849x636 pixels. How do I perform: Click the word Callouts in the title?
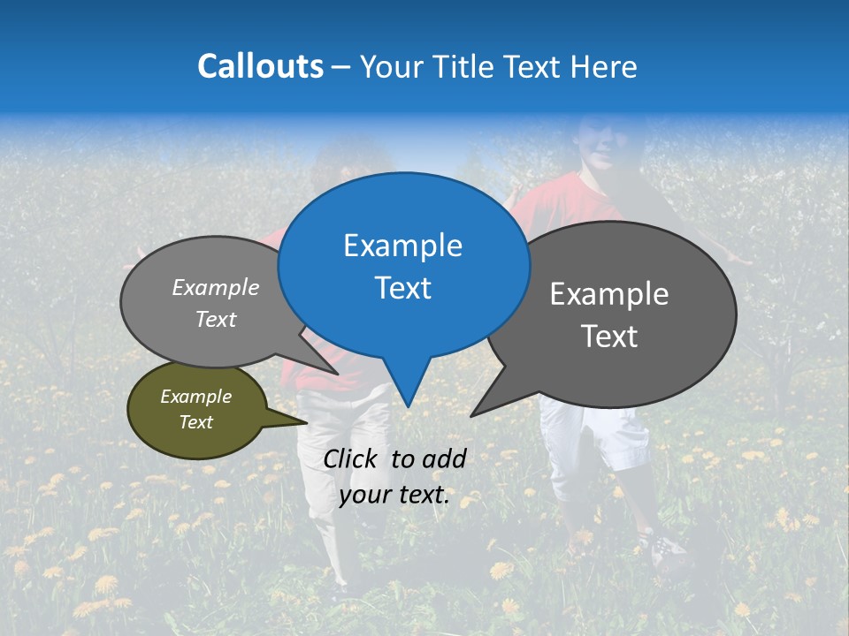click(x=260, y=66)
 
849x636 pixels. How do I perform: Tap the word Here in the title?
click(x=605, y=66)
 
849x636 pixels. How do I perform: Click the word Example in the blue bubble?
click(x=403, y=246)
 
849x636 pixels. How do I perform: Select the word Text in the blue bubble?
click(x=403, y=288)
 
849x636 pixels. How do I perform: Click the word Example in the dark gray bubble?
click(x=609, y=294)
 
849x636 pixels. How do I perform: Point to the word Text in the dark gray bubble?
click(x=609, y=337)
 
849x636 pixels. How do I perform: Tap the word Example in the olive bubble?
click(x=195, y=397)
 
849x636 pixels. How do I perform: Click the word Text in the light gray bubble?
click(x=215, y=320)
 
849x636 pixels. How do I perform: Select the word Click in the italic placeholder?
click(x=352, y=458)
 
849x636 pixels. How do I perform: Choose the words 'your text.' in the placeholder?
click(x=394, y=496)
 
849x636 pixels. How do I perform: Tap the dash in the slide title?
click(x=341, y=66)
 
